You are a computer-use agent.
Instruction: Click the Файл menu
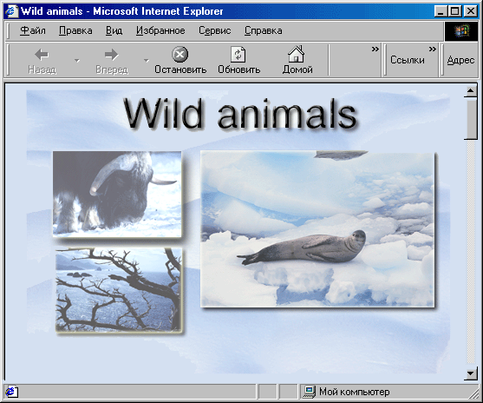pyautogui.click(x=33, y=30)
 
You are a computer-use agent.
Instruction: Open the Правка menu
pyautogui.click(x=75, y=30)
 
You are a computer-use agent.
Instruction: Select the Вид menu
pyautogui.click(x=114, y=30)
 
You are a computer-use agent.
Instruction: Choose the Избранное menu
pyautogui.click(x=160, y=30)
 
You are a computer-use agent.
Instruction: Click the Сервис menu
pyautogui.click(x=215, y=30)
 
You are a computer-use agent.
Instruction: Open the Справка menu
pyautogui.click(x=264, y=30)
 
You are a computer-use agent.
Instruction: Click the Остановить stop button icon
pyautogui.click(x=179, y=55)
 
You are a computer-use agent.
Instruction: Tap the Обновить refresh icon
pyautogui.click(x=238, y=55)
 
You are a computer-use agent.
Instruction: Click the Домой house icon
pyautogui.click(x=296, y=54)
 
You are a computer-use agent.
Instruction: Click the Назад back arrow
pyautogui.click(x=42, y=55)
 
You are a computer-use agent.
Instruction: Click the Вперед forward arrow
pyautogui.click(x=111, y=55)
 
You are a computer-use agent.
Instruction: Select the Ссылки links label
pyautogui.click(x=408, y=60)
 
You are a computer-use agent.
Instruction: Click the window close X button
pyautogui.click(x=471, y=11)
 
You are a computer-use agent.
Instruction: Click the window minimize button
pyautogui.click(x=441, y=11)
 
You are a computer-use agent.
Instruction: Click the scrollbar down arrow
pyautogui.click(x=470, y=374)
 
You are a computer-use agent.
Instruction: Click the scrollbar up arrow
pyautogui.click(x=470, y=90)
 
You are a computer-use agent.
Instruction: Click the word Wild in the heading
pyautogui.click(x=163, y=113)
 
